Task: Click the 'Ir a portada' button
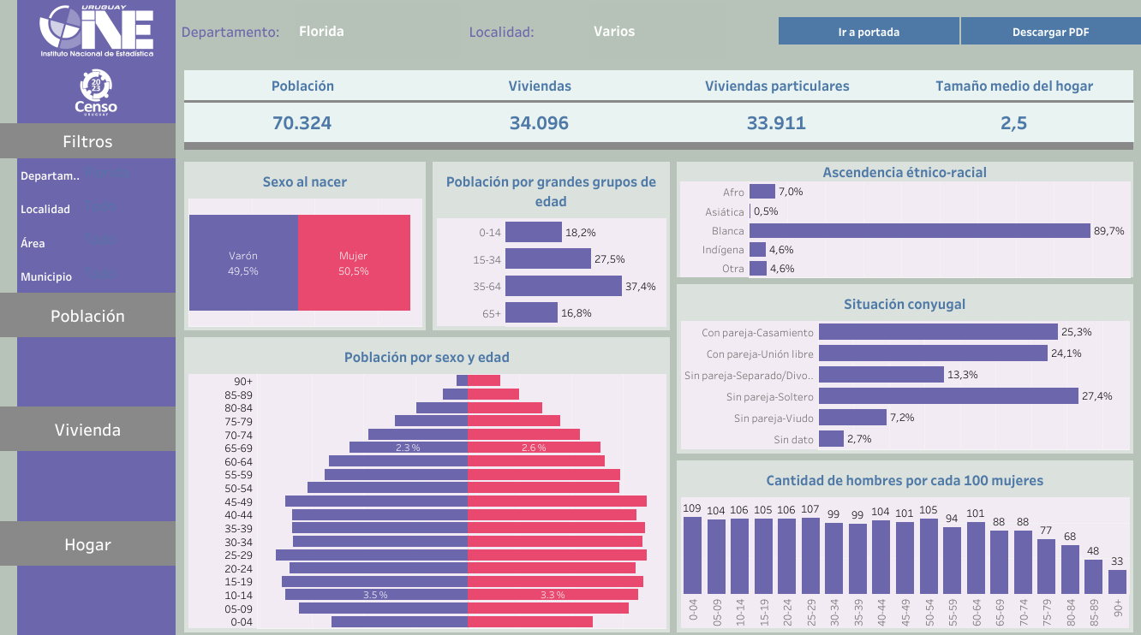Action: [869, 32]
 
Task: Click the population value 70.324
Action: [302, 122]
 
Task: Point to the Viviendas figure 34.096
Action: [539, 122]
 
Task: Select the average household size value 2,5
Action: [1013, 122]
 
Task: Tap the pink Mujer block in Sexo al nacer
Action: [354, 263]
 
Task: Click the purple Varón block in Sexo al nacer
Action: [243, 263]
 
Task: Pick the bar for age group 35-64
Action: [563, 286]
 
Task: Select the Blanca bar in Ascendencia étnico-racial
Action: [919, 231]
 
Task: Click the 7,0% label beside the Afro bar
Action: [791, 192]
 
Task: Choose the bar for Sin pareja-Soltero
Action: [948, 396]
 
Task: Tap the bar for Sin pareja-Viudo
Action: [852, 418]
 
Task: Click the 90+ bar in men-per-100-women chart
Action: [1117, 582]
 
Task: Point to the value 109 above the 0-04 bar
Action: [692, 508]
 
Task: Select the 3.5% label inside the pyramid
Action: [375, 595]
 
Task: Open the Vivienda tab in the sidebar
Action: [87, 430]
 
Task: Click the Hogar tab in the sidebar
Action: [87, 544]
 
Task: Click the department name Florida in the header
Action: [321, 32]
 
